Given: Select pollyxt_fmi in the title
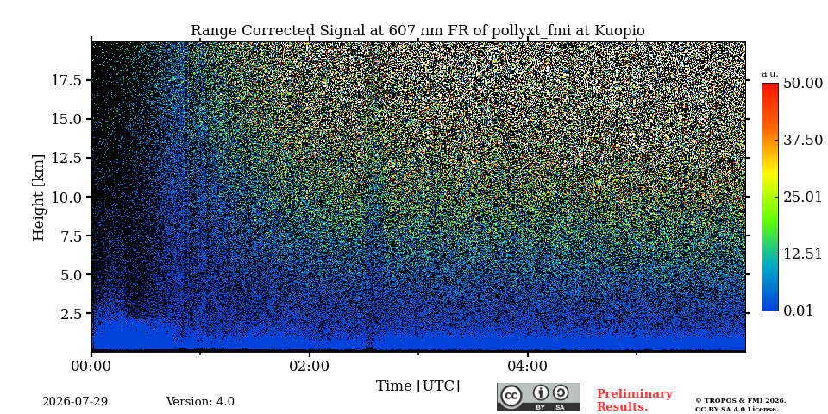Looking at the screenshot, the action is tap(532, 31).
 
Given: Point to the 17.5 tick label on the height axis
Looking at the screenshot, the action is tap(66, 80).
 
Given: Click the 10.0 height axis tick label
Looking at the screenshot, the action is tap(66, 197).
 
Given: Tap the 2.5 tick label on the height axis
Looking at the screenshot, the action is tap(72, 314).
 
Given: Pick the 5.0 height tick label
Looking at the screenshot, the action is tap(72, 274).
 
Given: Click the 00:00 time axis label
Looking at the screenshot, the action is tap(92, 366).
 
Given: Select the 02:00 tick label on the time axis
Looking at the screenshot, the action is tap(310, 366).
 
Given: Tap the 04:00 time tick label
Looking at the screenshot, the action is tap(528, 366).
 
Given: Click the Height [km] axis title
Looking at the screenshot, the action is tap(39, 197).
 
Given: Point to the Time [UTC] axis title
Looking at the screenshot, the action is tap(417, 386).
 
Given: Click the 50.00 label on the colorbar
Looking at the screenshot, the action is tap(803, 84).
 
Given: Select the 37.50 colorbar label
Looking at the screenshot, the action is tap(803, 140).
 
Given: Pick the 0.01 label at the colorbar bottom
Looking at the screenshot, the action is tap(798, 310).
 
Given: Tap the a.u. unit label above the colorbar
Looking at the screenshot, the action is tap(770, 74).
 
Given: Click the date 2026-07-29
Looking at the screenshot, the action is tap(75, 402).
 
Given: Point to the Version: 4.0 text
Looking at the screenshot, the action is tap(200, 402).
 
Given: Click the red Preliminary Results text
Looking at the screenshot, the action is tap(635, 400).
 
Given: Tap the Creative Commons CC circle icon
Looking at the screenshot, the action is tap(511, 396).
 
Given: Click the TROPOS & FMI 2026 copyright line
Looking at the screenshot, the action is tap(740, 401).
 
